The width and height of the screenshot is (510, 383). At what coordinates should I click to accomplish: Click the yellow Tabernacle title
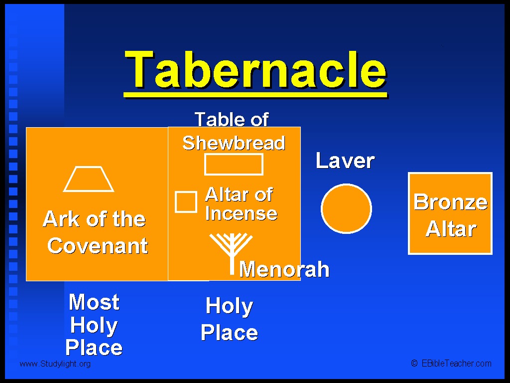[x=255, y=70]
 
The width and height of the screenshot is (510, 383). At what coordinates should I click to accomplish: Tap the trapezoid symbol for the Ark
[x=89, y=191]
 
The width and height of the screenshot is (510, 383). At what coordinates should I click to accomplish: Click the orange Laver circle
[x=347, y=209]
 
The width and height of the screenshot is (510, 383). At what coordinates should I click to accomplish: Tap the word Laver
[x=345, y=161]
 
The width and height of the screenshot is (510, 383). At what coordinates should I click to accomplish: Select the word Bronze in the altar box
[x=450, y=201]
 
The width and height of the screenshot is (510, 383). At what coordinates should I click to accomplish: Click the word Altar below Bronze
[x=451, y=228]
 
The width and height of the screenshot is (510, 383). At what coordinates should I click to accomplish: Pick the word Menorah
[x=284, y=269]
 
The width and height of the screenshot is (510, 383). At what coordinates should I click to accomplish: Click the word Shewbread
[x=234, y=143]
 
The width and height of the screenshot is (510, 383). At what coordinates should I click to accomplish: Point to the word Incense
[x=242, y=213]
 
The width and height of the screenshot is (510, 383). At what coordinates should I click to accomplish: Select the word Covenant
[x=98, y=245]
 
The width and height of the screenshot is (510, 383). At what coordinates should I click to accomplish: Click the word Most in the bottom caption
[x=94, y=302]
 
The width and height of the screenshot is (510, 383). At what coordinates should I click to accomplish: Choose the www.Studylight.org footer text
[x=55, y=364]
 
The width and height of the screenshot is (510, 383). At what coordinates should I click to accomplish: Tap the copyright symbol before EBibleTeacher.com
[x=414, y=363]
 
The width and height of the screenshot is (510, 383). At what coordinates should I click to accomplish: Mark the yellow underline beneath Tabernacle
[x=255, y=95]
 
